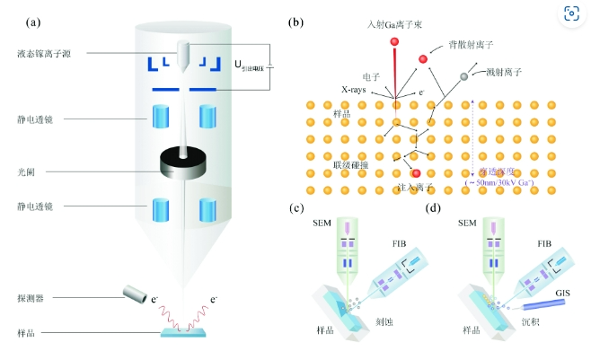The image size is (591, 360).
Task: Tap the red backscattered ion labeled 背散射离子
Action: tap(422, 60)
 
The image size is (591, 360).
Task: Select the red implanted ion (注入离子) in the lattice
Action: tap(416, 172)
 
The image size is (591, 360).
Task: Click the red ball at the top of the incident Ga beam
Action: tap(393, 41)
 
